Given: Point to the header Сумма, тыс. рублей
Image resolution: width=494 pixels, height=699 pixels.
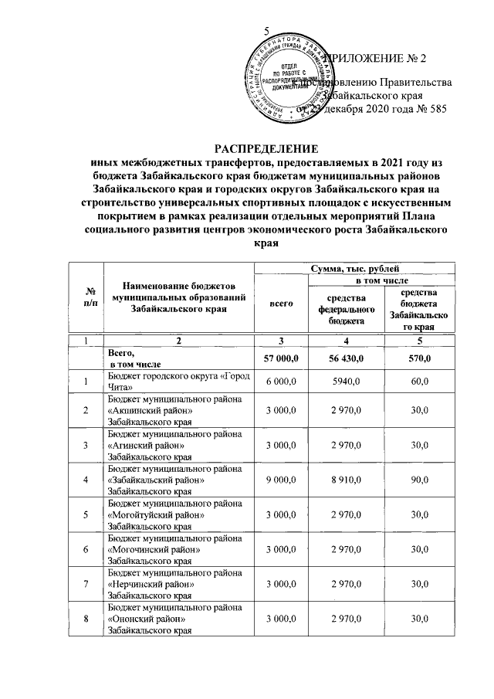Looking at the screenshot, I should click(x=354, y=267).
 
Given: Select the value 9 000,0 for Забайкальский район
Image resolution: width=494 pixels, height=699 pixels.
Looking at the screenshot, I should click(x=280, y=480).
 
